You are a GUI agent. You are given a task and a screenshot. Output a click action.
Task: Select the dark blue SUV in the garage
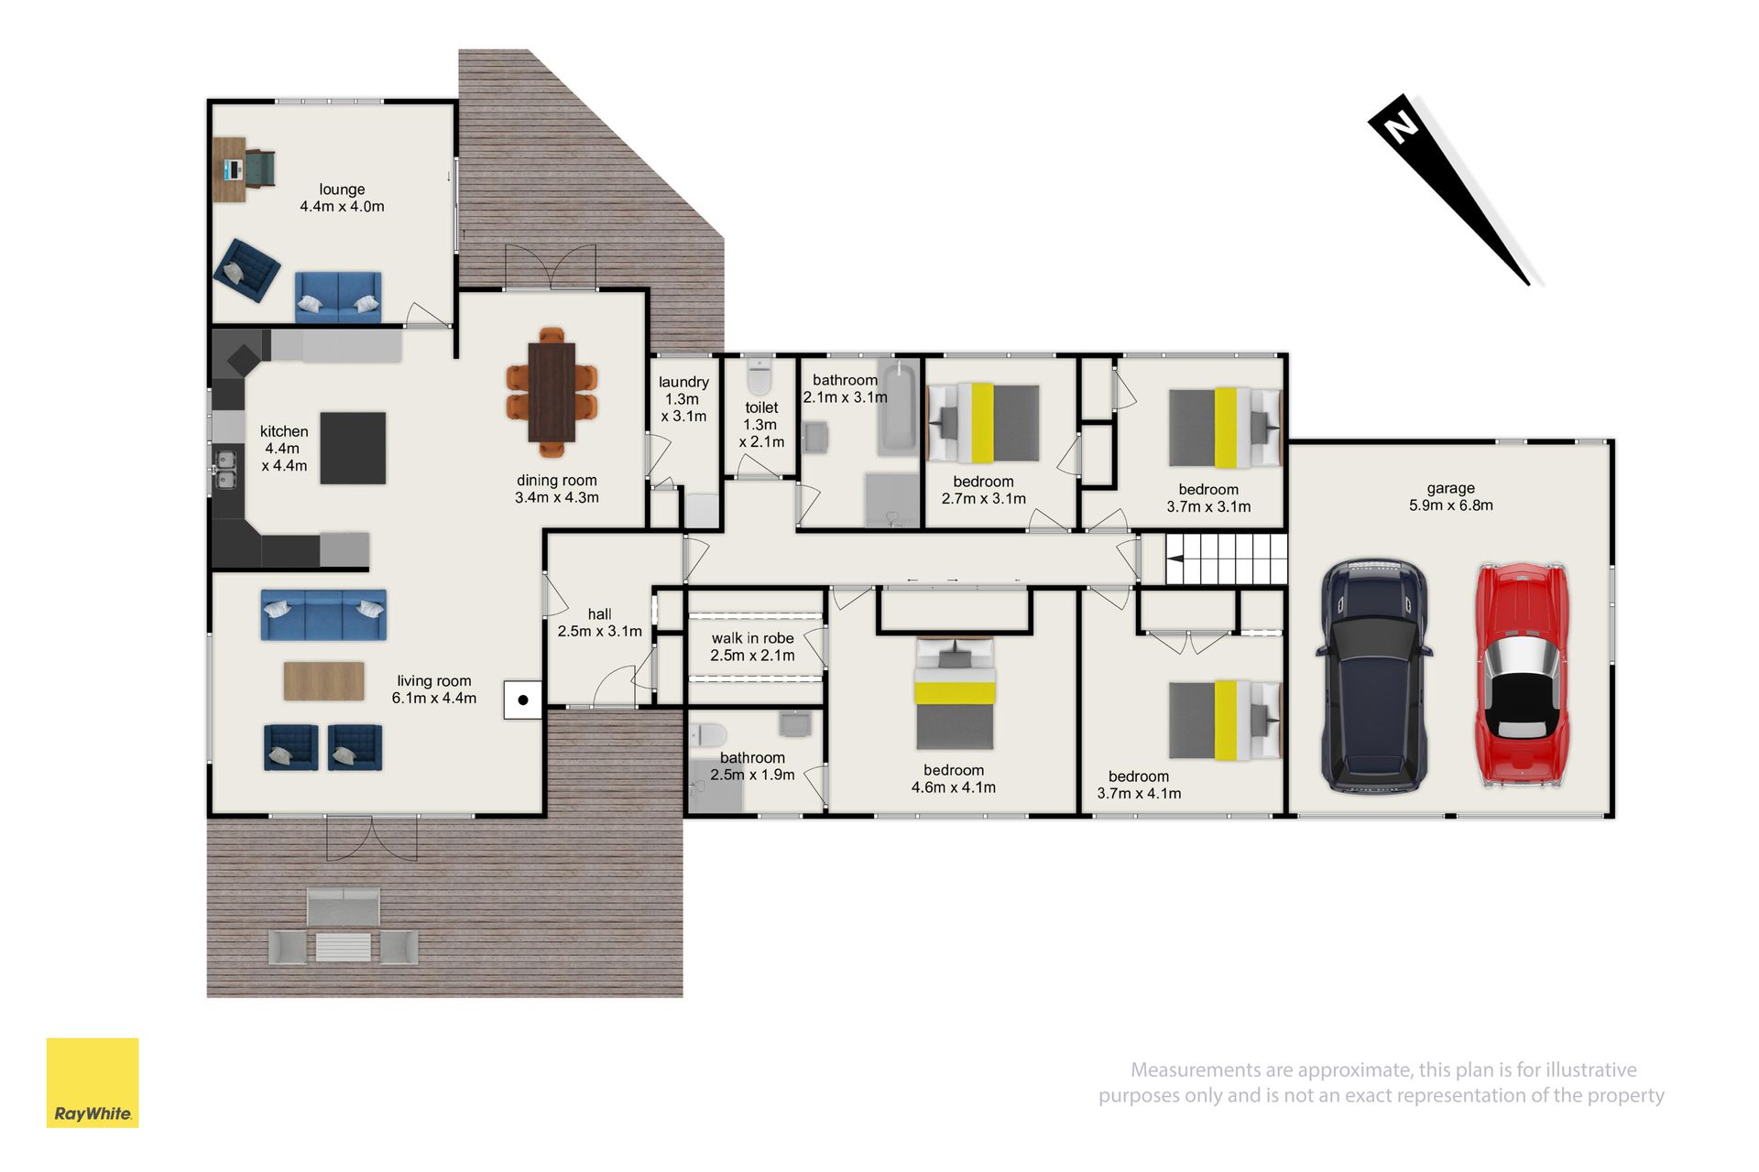click(x=1374, y=675)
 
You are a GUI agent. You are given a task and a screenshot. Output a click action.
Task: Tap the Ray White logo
click(x=93, y=1082)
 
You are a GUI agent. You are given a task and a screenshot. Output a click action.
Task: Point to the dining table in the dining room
click(x=552, y=391)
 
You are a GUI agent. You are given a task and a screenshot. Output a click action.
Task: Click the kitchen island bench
click(x=353, y=448)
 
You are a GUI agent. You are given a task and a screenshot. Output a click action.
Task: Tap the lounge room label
click(x=342, y=190)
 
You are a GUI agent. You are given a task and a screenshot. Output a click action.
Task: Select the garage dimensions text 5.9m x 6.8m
click(x=1451, y=505)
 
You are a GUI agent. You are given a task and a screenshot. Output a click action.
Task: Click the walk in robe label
click(x=753, y=638)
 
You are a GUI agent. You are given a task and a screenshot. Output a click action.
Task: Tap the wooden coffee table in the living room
click(x=323, y=681)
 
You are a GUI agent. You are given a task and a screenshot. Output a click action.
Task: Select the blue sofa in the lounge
click(x=338, y=296)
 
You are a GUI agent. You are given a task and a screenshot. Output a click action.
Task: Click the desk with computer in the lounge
click(x=230, y=169)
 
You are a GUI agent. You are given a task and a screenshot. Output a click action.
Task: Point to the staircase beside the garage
click(x=1227, y=559)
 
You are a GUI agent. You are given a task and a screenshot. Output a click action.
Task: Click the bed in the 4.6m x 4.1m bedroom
click(x=955, y=693)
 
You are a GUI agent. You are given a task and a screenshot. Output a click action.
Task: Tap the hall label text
click(x=600, y=614)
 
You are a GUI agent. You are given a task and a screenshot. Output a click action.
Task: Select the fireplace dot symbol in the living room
click(x=523, y=700)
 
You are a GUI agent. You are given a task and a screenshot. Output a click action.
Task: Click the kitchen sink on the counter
click(x=225, y=470)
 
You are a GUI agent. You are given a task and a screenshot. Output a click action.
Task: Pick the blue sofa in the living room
click(x=323, y=614)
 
